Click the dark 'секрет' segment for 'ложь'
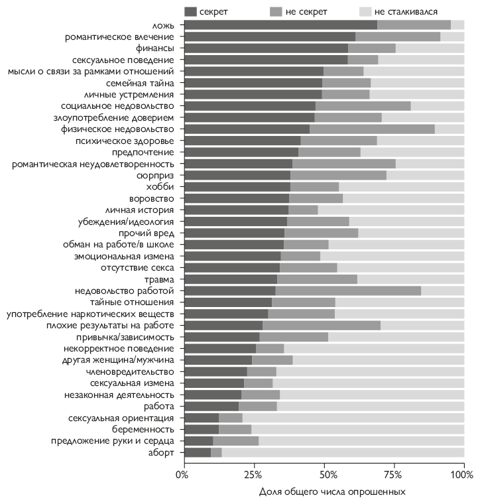tap(280, 25)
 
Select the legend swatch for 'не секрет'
tap(278, 11)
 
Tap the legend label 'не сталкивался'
tap(414, 11)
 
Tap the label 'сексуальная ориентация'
tap(121, 418)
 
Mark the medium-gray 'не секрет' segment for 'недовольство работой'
tap(348, 290)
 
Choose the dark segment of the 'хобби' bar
tap(237, 187)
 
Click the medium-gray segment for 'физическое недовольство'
tap(372, 129)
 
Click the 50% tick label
tap(324, 475)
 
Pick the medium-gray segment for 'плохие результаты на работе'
tap(322, 325)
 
